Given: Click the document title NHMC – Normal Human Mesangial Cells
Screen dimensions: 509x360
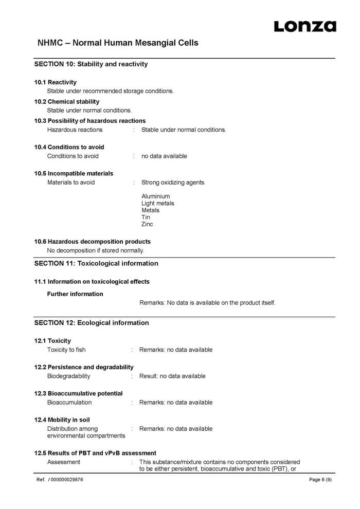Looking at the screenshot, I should [x=118, y=43].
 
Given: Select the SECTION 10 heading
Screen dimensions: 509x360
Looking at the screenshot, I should [x=91, y=64].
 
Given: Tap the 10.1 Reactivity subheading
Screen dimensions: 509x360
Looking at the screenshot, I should [x=56, y=82].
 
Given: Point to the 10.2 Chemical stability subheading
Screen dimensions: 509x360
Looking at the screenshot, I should [x=67, y=102].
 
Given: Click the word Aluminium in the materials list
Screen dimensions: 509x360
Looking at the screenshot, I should [x=155, y=196].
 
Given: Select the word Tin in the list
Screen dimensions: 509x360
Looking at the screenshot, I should [x=146, y=217].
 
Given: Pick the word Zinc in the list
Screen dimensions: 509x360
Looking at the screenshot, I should [x=147, y=224].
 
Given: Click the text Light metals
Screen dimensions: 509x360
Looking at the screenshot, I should [x=157, y=204].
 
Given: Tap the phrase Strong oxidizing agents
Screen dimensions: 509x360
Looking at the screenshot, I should [x=172, y=183].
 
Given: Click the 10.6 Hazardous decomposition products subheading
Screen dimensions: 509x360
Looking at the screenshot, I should [x=93, y=242].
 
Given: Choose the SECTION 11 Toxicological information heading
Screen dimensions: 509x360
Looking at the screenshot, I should [x=96, y=263].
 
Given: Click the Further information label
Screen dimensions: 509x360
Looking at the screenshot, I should [x=75, y=294].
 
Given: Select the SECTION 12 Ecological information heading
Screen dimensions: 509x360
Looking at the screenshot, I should [x=92, y=323].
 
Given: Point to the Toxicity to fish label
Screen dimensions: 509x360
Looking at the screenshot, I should [x=66, y=350].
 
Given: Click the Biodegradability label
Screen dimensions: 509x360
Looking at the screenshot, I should [x=68, y=376].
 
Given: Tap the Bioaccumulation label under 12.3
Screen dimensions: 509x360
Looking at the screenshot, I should [x=69, y=402].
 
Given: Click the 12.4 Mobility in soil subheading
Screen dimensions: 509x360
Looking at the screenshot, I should [x=62, y=420].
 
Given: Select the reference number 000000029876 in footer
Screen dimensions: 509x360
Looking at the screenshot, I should [x=67, y=480].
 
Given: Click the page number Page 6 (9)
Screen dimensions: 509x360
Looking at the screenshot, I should [x=320, y=480].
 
